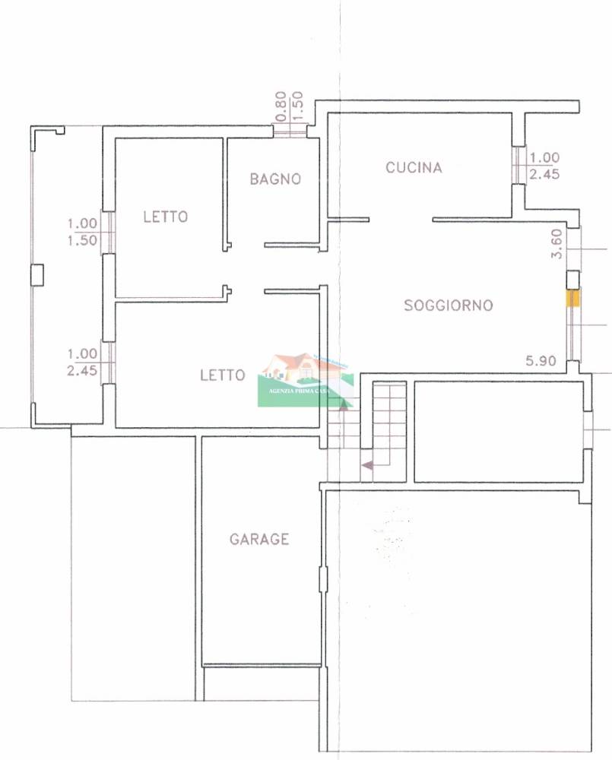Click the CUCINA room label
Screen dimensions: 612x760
[414, 168]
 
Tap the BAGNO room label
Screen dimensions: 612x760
[275, 179]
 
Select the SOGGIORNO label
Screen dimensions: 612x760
[448, 305]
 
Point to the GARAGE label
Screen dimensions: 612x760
[259, 539]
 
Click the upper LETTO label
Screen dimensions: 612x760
[166, 217]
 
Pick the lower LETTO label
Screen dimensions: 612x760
[223, 375]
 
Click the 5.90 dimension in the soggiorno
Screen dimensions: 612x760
[541, 360]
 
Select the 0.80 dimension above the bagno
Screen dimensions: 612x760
[281, 106]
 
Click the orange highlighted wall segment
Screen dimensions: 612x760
[572, 298]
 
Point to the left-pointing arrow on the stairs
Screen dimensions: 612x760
[367, 465]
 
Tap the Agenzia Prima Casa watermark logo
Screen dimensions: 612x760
[306, 380]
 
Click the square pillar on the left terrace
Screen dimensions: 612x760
[37, 275]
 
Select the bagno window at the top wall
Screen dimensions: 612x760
[290, 131]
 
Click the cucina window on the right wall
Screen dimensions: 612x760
[519, 165]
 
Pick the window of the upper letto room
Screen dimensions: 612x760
[108, 232]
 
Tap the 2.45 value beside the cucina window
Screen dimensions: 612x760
[544, 174]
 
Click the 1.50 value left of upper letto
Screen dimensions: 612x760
[82, 240]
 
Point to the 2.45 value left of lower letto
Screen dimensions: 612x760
[82, 371]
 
